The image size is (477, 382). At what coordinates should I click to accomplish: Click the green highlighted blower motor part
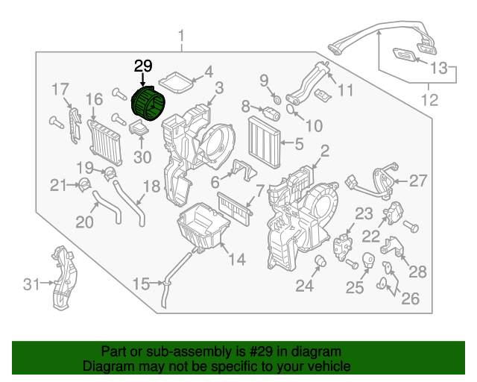coord(148,104)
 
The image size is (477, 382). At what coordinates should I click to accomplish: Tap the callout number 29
coord(142,66)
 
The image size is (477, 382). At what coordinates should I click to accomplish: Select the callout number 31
coord(31,283)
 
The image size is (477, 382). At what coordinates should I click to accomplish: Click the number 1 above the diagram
coord(180,36)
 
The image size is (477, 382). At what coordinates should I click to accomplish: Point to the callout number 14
coord(236,259)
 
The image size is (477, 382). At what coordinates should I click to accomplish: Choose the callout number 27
coord(418,180)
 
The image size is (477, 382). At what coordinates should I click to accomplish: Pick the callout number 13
coord(440,69)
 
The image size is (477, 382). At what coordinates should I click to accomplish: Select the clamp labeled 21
coord(84,184)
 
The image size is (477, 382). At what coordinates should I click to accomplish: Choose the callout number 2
coord(324,151)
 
